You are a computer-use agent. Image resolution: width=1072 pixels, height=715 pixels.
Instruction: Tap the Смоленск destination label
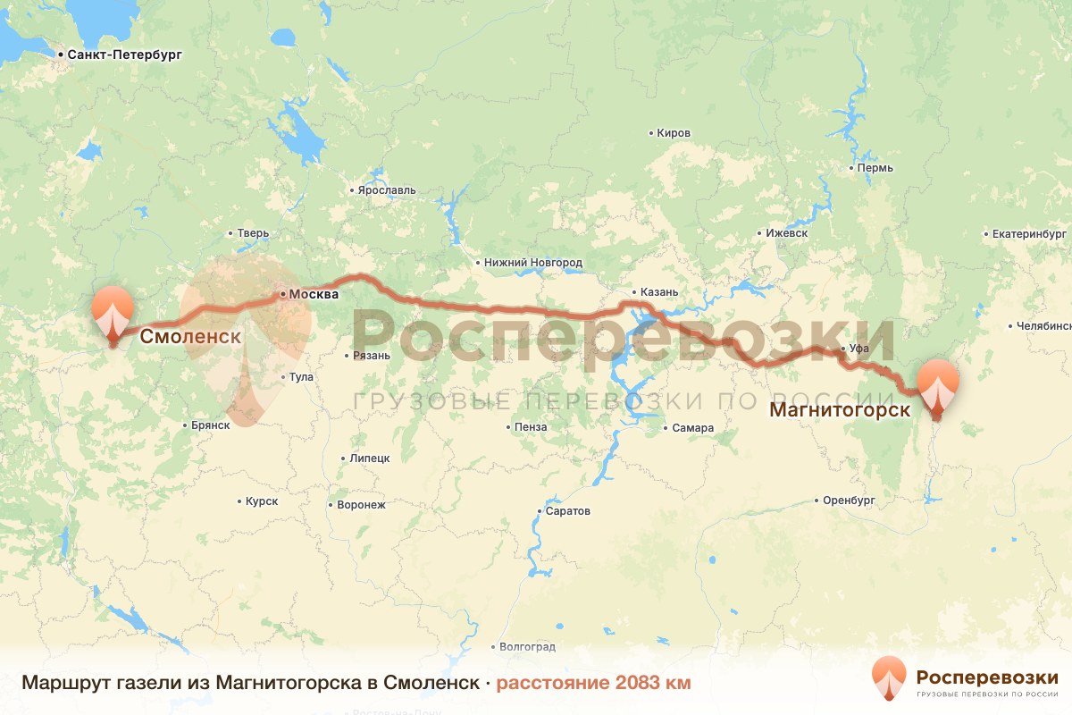189,337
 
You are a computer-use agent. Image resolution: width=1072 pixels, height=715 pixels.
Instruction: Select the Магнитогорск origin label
840,410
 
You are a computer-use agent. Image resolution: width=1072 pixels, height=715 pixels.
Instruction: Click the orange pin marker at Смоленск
113,314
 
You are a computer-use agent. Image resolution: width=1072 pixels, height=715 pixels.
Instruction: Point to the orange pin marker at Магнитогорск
937,386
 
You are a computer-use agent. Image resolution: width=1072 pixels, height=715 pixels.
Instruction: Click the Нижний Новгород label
532,263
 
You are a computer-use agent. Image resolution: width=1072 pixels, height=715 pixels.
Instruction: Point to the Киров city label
673,133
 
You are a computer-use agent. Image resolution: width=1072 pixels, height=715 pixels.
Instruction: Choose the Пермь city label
874,168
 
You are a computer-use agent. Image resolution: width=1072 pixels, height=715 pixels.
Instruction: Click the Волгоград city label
527,646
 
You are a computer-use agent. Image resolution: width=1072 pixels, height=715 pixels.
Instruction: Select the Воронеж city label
361,505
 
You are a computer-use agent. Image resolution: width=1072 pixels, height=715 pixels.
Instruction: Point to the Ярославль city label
386,190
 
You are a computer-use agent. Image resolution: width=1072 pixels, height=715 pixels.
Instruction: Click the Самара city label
693,428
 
